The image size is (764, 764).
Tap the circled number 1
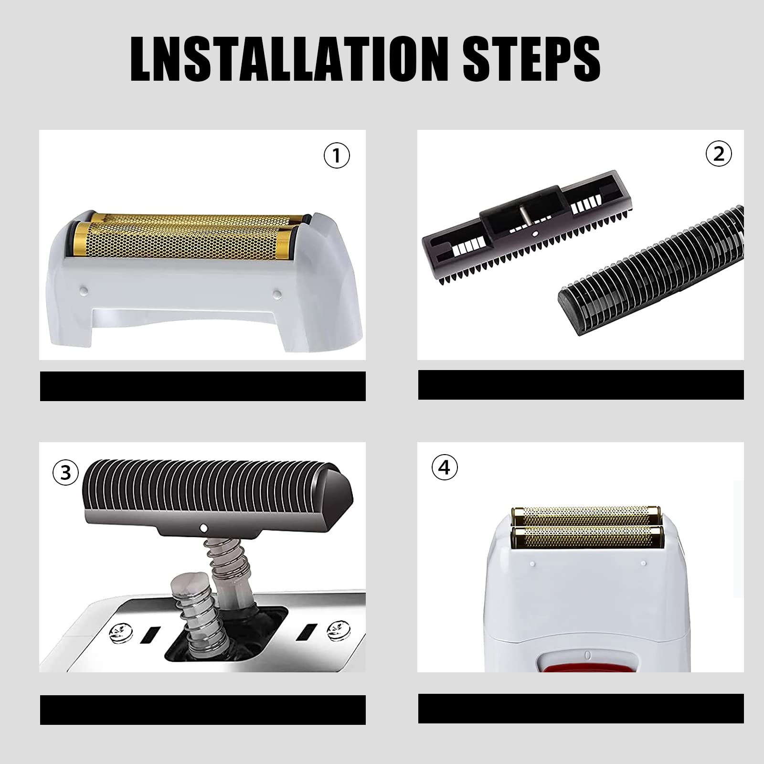pyautogui.click(x=337, y=155)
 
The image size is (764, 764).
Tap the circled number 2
pyautogui.click(x=718, y=153)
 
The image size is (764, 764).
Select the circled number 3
pyautogui.click(x=65, y=473)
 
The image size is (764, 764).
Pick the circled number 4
pyautogui.click(x=444, y=467)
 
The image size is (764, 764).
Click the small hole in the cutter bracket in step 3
pyautogui.click(x=204, y=528)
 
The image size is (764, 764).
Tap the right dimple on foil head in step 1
pyautogui.click(x=276, y=292)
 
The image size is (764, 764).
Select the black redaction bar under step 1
pyautogui.click(x=202, y=386)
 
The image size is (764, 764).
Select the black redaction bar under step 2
pyautogui.click(x=581, y=385)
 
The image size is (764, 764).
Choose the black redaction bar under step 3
pyautogui.click(x=202, y=710)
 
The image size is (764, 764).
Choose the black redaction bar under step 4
pyautogui.click(x=581, y=708)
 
